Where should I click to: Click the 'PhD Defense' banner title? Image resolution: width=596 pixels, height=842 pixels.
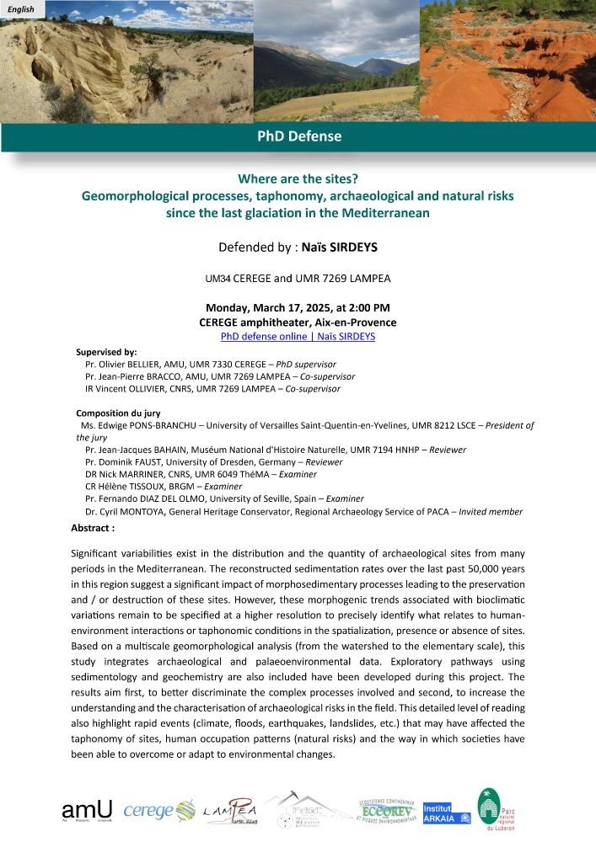click(298, 136)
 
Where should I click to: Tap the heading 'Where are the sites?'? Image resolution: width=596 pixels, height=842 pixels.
click(298, 179)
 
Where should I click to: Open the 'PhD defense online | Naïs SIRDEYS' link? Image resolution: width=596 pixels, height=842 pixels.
click(298, 336)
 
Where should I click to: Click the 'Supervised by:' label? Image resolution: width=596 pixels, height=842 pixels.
click(106, 352)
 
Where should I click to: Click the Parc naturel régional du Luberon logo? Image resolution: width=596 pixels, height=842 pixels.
click(488, 808)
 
